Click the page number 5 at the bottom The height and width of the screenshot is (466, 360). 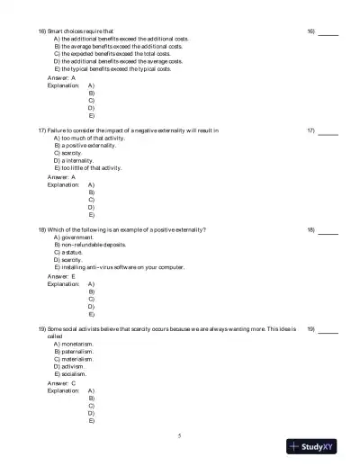tap(180, 436)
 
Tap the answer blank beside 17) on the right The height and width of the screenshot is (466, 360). tap(328, 130)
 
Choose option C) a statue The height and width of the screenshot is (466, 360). tap(68, 252)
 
